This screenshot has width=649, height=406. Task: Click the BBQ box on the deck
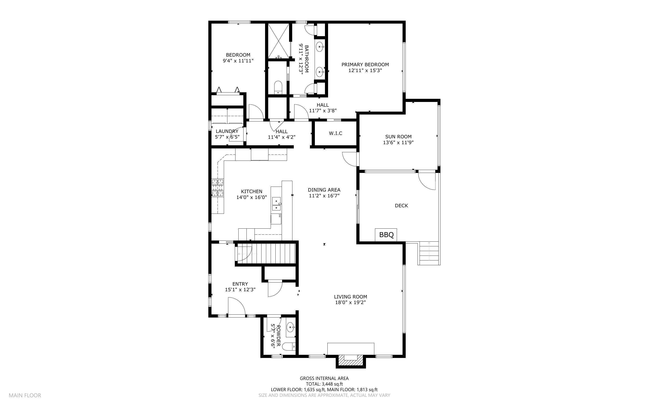tap(386, 235)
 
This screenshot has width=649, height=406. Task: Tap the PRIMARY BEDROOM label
tap(365, 64)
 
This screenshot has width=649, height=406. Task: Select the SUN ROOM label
tap(398, 137)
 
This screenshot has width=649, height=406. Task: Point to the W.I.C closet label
tap(336, 133)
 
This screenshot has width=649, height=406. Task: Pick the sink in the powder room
tap(291, 328)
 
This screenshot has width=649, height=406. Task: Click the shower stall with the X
tap(279, 41)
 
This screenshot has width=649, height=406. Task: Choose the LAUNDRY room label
tap(227, 131)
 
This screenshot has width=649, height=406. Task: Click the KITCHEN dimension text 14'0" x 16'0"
tap(251, 197)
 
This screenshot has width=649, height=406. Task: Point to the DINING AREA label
tap(324, 190)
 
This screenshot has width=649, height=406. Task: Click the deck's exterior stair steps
tap(429, 253)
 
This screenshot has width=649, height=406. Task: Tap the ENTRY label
tap(240, 284)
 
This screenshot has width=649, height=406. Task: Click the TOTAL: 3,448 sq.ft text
tap(324, 384)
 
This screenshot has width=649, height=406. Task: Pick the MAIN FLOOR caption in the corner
tap(25, 395)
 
